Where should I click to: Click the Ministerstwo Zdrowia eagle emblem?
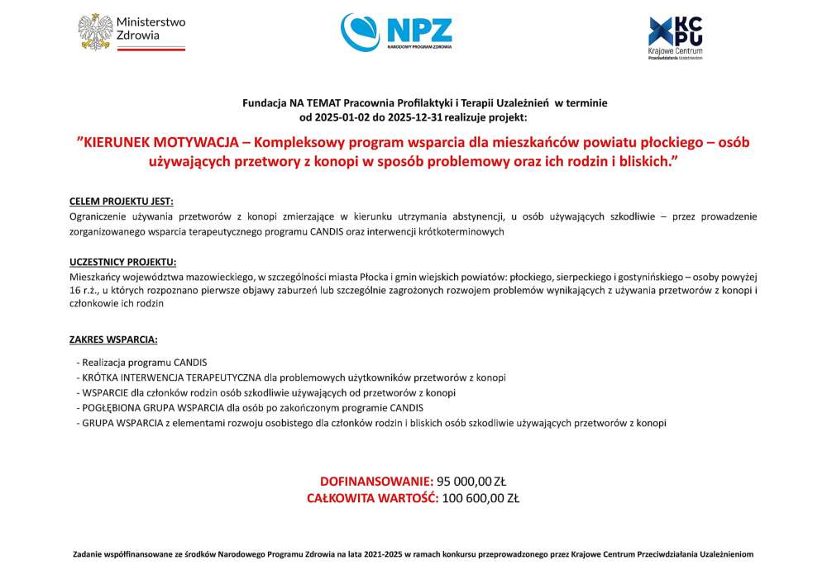95,31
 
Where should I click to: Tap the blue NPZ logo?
396,31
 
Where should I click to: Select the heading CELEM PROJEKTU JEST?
122,202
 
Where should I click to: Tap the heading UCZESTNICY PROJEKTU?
123,262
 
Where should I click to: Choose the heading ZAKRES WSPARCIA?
113,339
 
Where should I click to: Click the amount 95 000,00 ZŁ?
471,482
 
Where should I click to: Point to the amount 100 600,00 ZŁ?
480,498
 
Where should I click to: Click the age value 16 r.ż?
84,290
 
